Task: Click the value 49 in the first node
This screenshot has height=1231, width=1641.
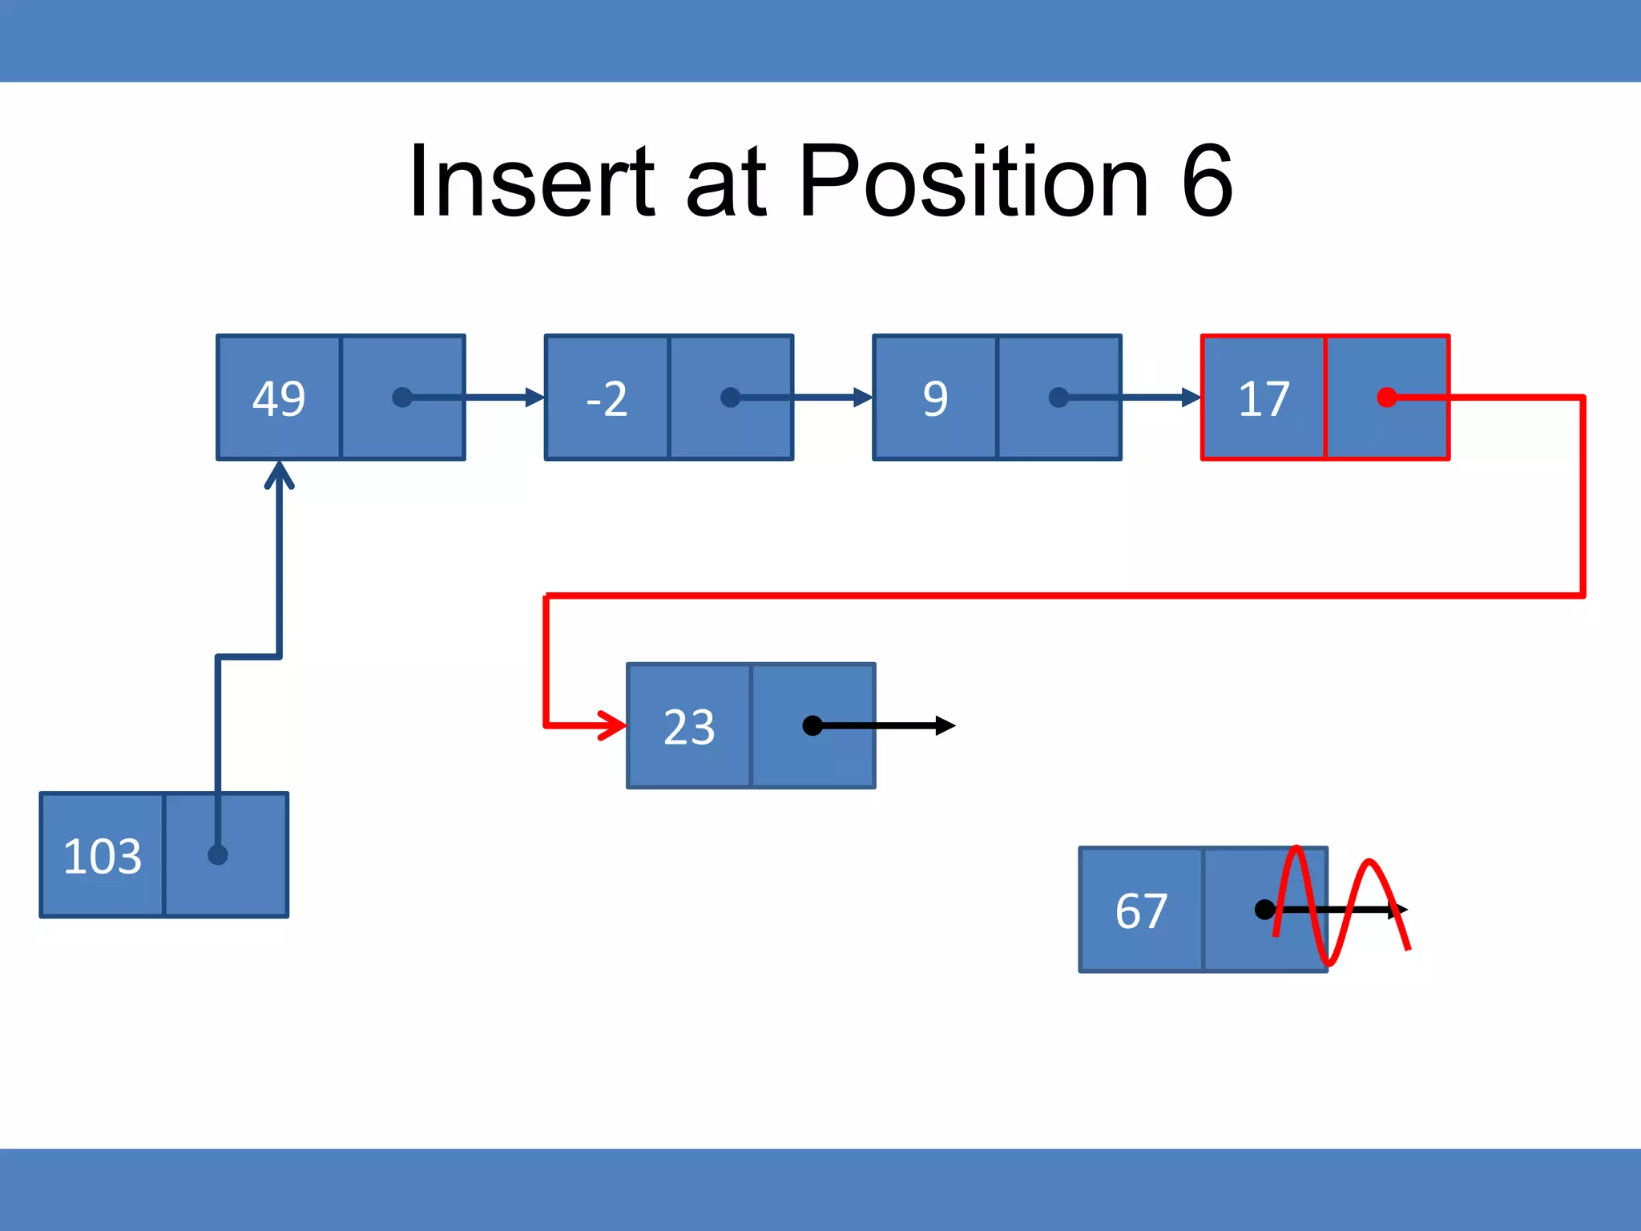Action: coord(279,398)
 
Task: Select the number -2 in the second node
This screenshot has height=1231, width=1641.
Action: coord(607,398)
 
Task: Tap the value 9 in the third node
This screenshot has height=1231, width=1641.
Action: coord(935,398)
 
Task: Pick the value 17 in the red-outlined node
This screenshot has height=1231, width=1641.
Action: coord(1264,398)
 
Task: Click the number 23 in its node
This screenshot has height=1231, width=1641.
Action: coord(689,727)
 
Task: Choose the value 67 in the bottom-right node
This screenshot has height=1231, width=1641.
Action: coord(1141,910)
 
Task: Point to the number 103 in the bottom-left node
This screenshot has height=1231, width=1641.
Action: coord(103,856)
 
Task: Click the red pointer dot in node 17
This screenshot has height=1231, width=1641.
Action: coord(1387,398)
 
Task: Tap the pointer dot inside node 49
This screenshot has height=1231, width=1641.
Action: coord(402,398)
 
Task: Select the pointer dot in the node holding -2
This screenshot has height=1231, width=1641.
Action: coord(731,398)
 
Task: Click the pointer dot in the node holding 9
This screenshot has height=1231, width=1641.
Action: coord(1058,398)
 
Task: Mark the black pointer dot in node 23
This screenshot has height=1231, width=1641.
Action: coord(812,726)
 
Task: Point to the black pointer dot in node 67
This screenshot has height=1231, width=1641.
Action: coord(1264,910)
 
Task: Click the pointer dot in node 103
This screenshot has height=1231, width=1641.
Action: coord(218,855)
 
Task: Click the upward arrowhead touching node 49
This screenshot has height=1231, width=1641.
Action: coord(279,474)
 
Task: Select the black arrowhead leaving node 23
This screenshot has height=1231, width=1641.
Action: coord(945,726)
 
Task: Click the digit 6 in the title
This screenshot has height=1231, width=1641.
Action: coord(1207,181)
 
